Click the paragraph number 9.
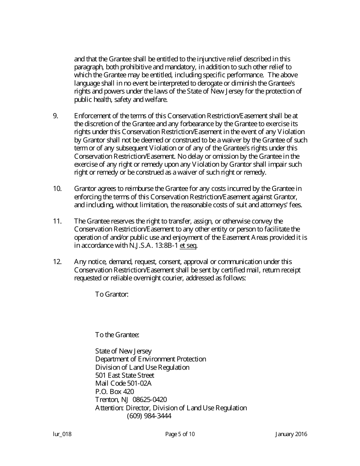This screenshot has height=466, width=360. [x=55, y=116]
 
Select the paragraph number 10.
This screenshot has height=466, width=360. [x=57, y=189]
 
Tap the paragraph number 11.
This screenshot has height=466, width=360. [x=57, y=221]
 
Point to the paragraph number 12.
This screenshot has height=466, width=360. [x=57, y=262]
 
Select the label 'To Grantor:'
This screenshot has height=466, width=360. [x=112, y=294]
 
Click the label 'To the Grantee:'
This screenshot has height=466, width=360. [x=117, y=335]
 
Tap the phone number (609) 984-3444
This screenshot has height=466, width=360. [x=149, y=416]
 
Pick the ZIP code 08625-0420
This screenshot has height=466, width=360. [x=150, y=400]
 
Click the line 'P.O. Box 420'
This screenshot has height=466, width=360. [x=114, y=392]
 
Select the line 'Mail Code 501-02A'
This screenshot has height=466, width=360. [x=123, y=383]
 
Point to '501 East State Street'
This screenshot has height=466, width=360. [x=125, y=375]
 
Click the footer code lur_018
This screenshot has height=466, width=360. [x=62, y=435]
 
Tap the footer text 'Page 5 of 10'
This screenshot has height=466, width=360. [x=180, y=435]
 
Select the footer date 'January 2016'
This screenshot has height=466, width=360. [x=291, y=435]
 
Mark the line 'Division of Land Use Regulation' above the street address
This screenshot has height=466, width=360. [x=142, y=367]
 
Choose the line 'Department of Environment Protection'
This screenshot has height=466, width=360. [x=150, y=359]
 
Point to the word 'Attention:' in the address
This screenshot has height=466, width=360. [x=109, y=408]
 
